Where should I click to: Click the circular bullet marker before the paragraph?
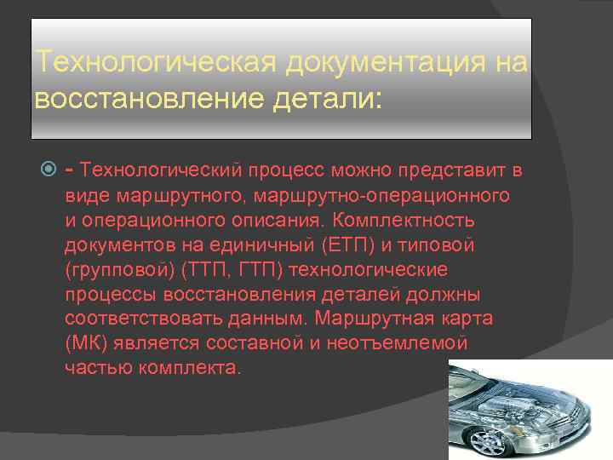[x=49, y=170]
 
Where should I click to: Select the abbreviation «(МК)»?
[x=84, y=343]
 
